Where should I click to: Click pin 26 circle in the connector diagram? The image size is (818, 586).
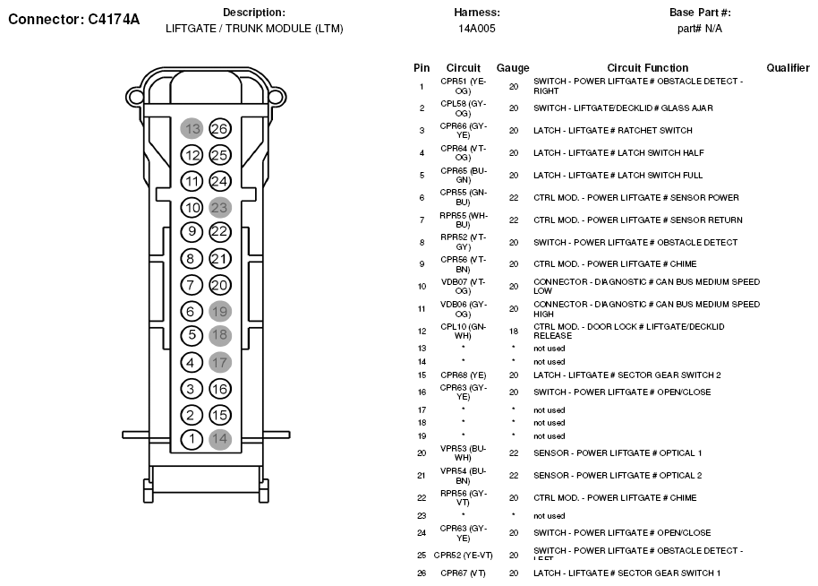(x=219, y=129)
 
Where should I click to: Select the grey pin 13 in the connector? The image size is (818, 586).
(x=192, y=129)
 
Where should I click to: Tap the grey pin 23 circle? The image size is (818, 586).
(x=219, y=207)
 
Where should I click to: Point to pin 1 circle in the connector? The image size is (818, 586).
(x=192, y=439)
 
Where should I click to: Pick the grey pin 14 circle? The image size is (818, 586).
(x=219, y=439)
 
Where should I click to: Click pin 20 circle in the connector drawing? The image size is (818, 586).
(x=219, y=285)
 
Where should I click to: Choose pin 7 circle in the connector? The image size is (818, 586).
(x=192, y=285)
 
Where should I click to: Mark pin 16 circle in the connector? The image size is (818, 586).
(x=219, y=389)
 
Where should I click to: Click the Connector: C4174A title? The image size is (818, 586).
(x=73, y=18)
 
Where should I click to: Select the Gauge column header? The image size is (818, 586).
(x=513, y=68)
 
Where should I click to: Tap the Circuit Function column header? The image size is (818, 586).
(x=647, y=68)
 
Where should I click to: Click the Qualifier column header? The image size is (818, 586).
(x=788, y=68)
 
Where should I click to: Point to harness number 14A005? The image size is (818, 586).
(x=476, y=29)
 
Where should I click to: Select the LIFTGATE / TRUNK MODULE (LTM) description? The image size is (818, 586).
(x=254, y=29)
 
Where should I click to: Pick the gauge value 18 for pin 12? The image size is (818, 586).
(x=513, y=331)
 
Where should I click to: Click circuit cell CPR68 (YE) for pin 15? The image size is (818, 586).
(x=463, y=375)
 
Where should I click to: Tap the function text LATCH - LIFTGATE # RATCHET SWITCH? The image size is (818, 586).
(x=612, y=131)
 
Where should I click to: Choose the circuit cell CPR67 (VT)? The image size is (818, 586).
(x=463, y=573)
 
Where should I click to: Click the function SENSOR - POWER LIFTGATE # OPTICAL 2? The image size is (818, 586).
(x=618, y=476)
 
